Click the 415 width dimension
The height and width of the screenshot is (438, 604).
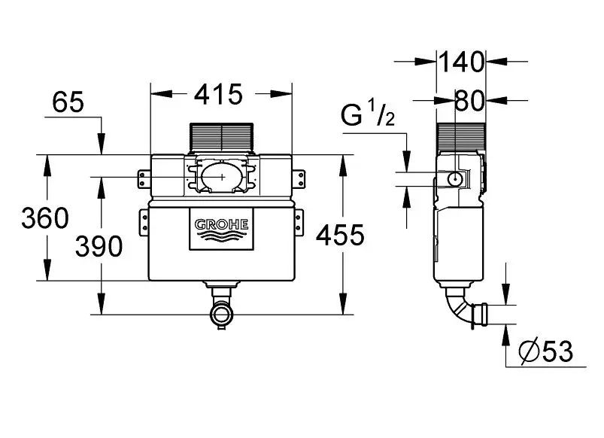click(219, 94)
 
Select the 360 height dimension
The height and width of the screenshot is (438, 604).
click(44, 218)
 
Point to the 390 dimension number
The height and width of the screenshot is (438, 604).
click(99, 246)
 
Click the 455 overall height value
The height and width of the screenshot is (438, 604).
click(339, 236)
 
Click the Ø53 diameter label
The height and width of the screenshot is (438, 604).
click(546, 351)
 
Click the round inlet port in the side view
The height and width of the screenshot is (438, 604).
click(457, 179)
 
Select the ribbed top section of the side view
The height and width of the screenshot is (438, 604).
click(458, 137)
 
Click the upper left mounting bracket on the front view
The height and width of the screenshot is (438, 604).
click(143, 179)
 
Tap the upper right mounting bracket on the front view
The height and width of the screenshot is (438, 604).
click(302, 178)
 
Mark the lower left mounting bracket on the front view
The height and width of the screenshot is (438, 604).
click(143, 223)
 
